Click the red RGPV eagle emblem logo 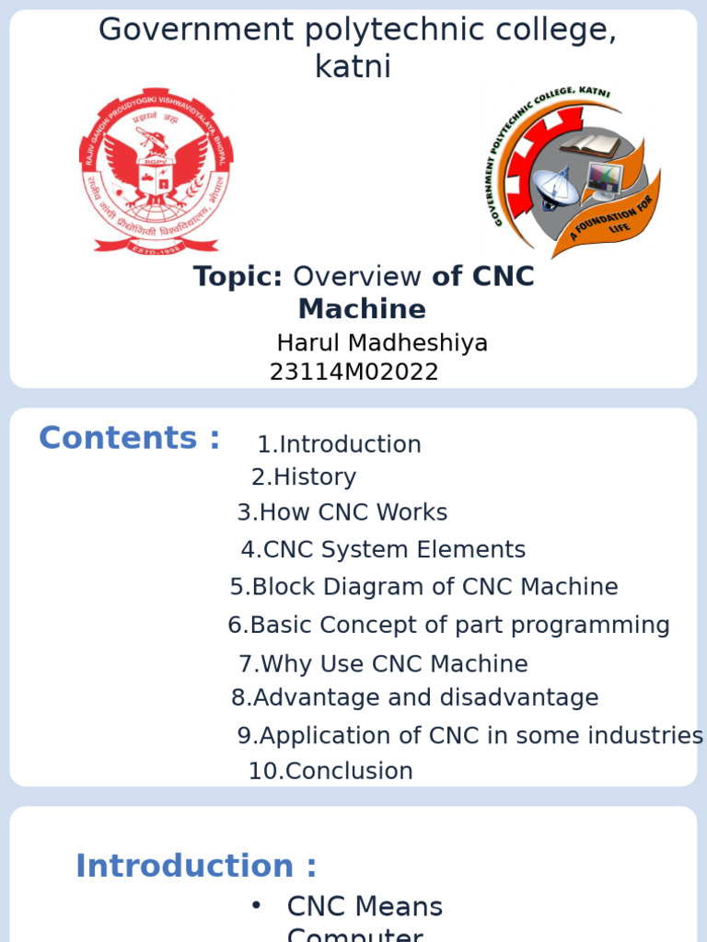(x=156, y=176)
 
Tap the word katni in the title (x=353, y=66)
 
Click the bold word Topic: (x=238, y=276)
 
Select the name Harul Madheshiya (x=382, y=343)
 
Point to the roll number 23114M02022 (x=353, y=373)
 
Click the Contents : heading (x=130, y=438)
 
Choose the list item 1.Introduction (x=339, y=444)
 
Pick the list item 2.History (x=304, y=477)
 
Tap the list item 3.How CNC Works (x=342, y=512)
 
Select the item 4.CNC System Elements (x=383, y=549)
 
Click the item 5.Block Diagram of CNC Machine (x=424, y=587)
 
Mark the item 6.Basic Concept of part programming (x=448, y=626)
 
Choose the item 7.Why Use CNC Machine (x=383, y=664)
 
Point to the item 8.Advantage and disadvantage (x=415, y=697)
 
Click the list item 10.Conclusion (x=330, y=771)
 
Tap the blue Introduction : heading (x=196, y=866)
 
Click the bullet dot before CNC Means (x=256, y=906)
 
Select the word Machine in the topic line (x=362, y=308)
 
